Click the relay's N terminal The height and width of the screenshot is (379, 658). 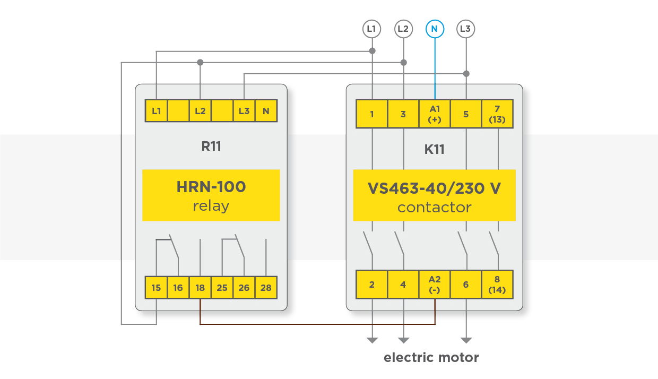pyautogui.click(x=266, y=111)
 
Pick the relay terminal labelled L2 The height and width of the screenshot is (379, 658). pyautogui.click(x=200, y=111)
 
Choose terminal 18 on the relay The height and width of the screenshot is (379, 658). pyautogui.click(x=200, y=287)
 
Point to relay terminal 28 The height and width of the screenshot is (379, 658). pyautogui.click(x=266, y=287)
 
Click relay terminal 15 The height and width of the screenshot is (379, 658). pyautogui.click(x=156, y=287)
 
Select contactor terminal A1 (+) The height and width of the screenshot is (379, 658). pyautogui.click(x=435, y=114)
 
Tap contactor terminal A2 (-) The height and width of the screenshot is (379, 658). pyautogui.click(x=435, y=285)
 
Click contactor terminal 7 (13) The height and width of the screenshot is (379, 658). pyautogui.click(x=497, y=114)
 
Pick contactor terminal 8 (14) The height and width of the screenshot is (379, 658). pyautogui.click(x=497, y=285)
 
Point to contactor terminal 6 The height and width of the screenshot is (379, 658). pyautogui.click(x=466, y=285)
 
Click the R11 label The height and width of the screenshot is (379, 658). pyautogui.click(x=211, y=147)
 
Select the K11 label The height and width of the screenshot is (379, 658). pyautogui.click(x=435, y=149)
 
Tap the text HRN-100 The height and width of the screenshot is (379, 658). pyautogui.click(x=211, y=187)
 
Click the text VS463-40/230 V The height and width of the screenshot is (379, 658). pyautogui.click(x=435, y=188)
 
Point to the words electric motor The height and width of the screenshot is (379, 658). pyautogui.click(x=431, y=358)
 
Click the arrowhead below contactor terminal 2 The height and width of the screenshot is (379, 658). pyautogui.click(x=372, y=340)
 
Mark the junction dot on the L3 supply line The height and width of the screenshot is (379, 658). pyautogui.click(x=466, y=74)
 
